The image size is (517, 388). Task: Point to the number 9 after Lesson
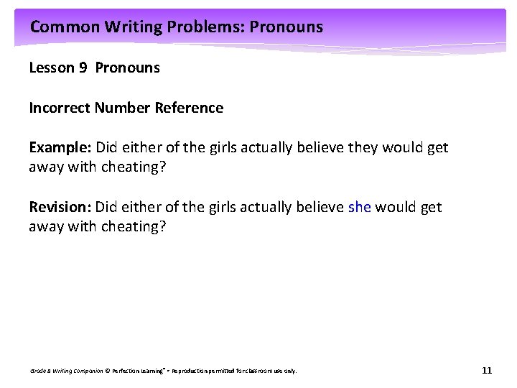coord(84,68)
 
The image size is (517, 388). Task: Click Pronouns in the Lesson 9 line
coord(127,68)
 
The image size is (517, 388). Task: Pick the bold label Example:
coord(60,148)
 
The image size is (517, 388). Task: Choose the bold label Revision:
coord(60,208)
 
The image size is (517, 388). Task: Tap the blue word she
coord(359,208)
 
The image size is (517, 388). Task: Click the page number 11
coord(487,371)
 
